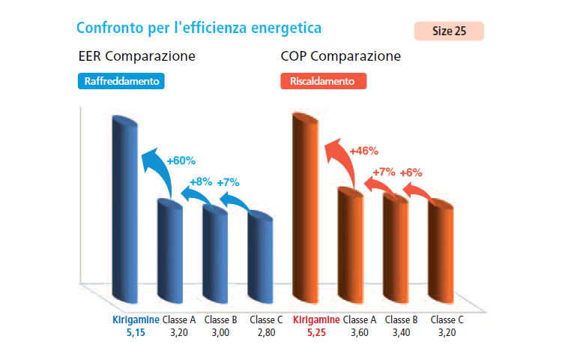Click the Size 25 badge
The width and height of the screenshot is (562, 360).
[x=448, y=31]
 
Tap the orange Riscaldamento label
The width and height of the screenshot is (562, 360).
[x=323, y=80]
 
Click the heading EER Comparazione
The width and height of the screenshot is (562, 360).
[x=137, y=56]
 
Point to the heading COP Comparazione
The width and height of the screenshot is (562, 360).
[x=340, y=56]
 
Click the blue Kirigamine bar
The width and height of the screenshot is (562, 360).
[x=126, y=210]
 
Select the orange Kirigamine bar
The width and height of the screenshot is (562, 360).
[x=306, y=210]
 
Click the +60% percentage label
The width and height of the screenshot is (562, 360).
[x=181, y=160]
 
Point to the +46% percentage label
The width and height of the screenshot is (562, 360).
[x=364, y=151]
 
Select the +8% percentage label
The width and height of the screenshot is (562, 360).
[x=201, y=181]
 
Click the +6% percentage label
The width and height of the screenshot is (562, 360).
[x=411, y=172]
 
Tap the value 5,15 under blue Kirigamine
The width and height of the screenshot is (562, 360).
[x=135, y=331]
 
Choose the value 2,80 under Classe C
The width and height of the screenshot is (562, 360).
[x=266, y=331]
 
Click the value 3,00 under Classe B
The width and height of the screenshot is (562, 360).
[x=220, y=331]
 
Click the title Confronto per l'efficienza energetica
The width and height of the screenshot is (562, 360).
[x=199, y=28]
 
